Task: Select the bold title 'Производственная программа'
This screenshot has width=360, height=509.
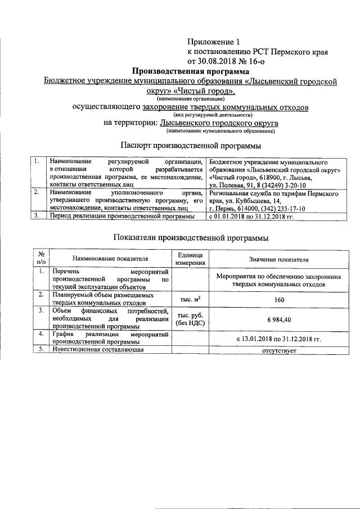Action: (x=190, y=71)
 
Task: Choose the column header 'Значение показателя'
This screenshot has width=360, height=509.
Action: (x=279, y=259)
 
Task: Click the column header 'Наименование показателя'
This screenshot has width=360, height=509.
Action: (x=110, y=259)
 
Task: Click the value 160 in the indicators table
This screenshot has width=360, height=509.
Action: (x=279, y=299)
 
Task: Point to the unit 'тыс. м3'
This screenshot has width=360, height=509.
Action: (x=190, y=299)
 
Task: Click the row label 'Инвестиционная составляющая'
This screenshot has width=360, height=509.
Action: (x=97, y=350)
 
